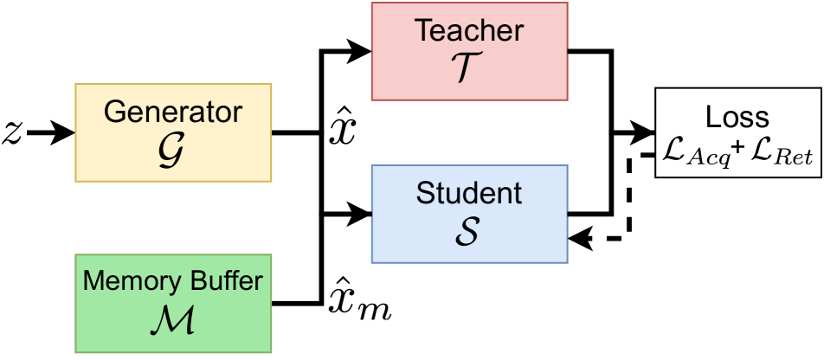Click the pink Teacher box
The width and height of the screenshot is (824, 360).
click(x=469, y=51)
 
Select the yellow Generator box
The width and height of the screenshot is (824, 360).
click(x=173, y=132)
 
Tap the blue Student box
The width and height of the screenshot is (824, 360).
click(x=469, y=214)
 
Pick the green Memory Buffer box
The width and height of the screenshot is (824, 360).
click(x=173, y=303)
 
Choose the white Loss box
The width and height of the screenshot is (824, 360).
click(x=737, y=132)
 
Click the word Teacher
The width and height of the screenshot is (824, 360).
click(x=469, y=31)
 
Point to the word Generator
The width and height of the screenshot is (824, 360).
click(x=173, y=112)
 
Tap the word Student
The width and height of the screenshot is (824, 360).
click(x=469, y=193)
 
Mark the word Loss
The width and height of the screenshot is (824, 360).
click(x=737, y=117)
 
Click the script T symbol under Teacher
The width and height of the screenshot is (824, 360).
click(x=469, y=68)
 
